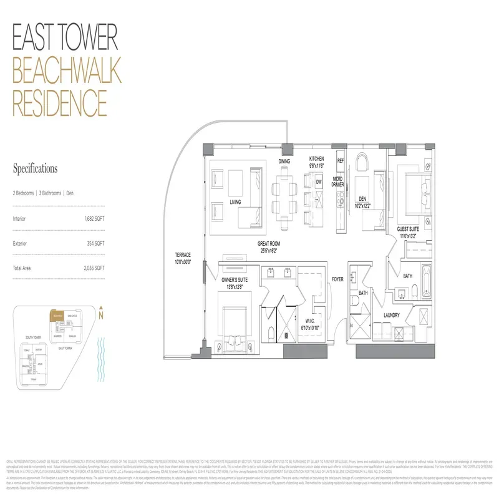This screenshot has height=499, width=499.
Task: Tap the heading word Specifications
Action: tap(36, 168)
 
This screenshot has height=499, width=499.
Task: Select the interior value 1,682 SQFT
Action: tap(94, 219)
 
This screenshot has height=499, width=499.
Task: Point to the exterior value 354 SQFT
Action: tap(95, 243)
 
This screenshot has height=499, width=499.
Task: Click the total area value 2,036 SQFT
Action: tap(94, 267)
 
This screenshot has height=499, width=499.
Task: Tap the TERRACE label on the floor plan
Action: tap(183, 254)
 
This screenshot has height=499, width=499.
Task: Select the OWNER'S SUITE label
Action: tap(235, 280)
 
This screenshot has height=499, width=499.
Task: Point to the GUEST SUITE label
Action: tap(412, 230)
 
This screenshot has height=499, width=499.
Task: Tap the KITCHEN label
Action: tap(317, 160)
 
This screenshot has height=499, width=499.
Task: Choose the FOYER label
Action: tap(337, 279)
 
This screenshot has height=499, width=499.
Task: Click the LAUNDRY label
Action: tap(392, 315)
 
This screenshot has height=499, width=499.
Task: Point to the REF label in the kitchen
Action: tap(341, 161)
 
